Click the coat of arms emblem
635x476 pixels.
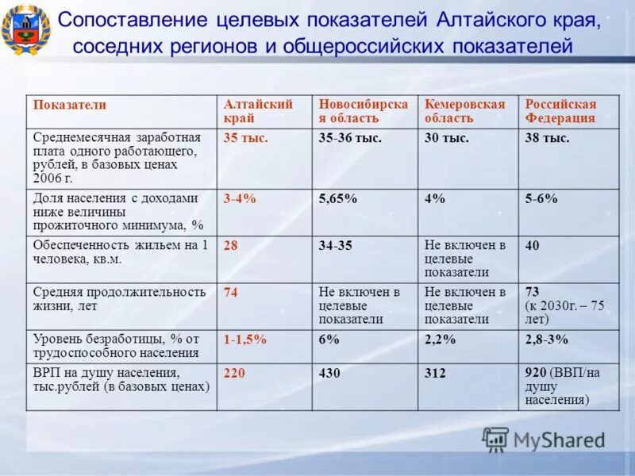click(x=26, y=30)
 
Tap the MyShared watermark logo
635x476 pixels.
click(x=543, y=440)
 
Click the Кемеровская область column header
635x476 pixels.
click(x=464, y=111)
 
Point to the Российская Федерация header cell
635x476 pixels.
click(x=560, y=111)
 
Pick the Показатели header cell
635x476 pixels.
click(x=70, y=105)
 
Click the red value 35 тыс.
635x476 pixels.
click(x=245, y=138)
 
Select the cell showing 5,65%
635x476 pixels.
click(x=338, y=199)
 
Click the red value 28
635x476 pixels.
click(x=231, y=246)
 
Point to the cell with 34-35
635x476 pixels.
click(x=335, y=246)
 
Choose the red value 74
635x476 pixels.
click(x=231, y=293)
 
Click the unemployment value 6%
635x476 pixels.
click(x=329, y=340)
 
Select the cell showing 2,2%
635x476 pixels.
click(x=440, y=340)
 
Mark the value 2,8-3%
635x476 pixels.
click(x=547, y=340)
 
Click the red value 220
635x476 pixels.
click(x=234, y=373)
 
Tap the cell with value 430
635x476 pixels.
click(x=329, y=373)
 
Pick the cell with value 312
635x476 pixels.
click(x=435, y=373)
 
